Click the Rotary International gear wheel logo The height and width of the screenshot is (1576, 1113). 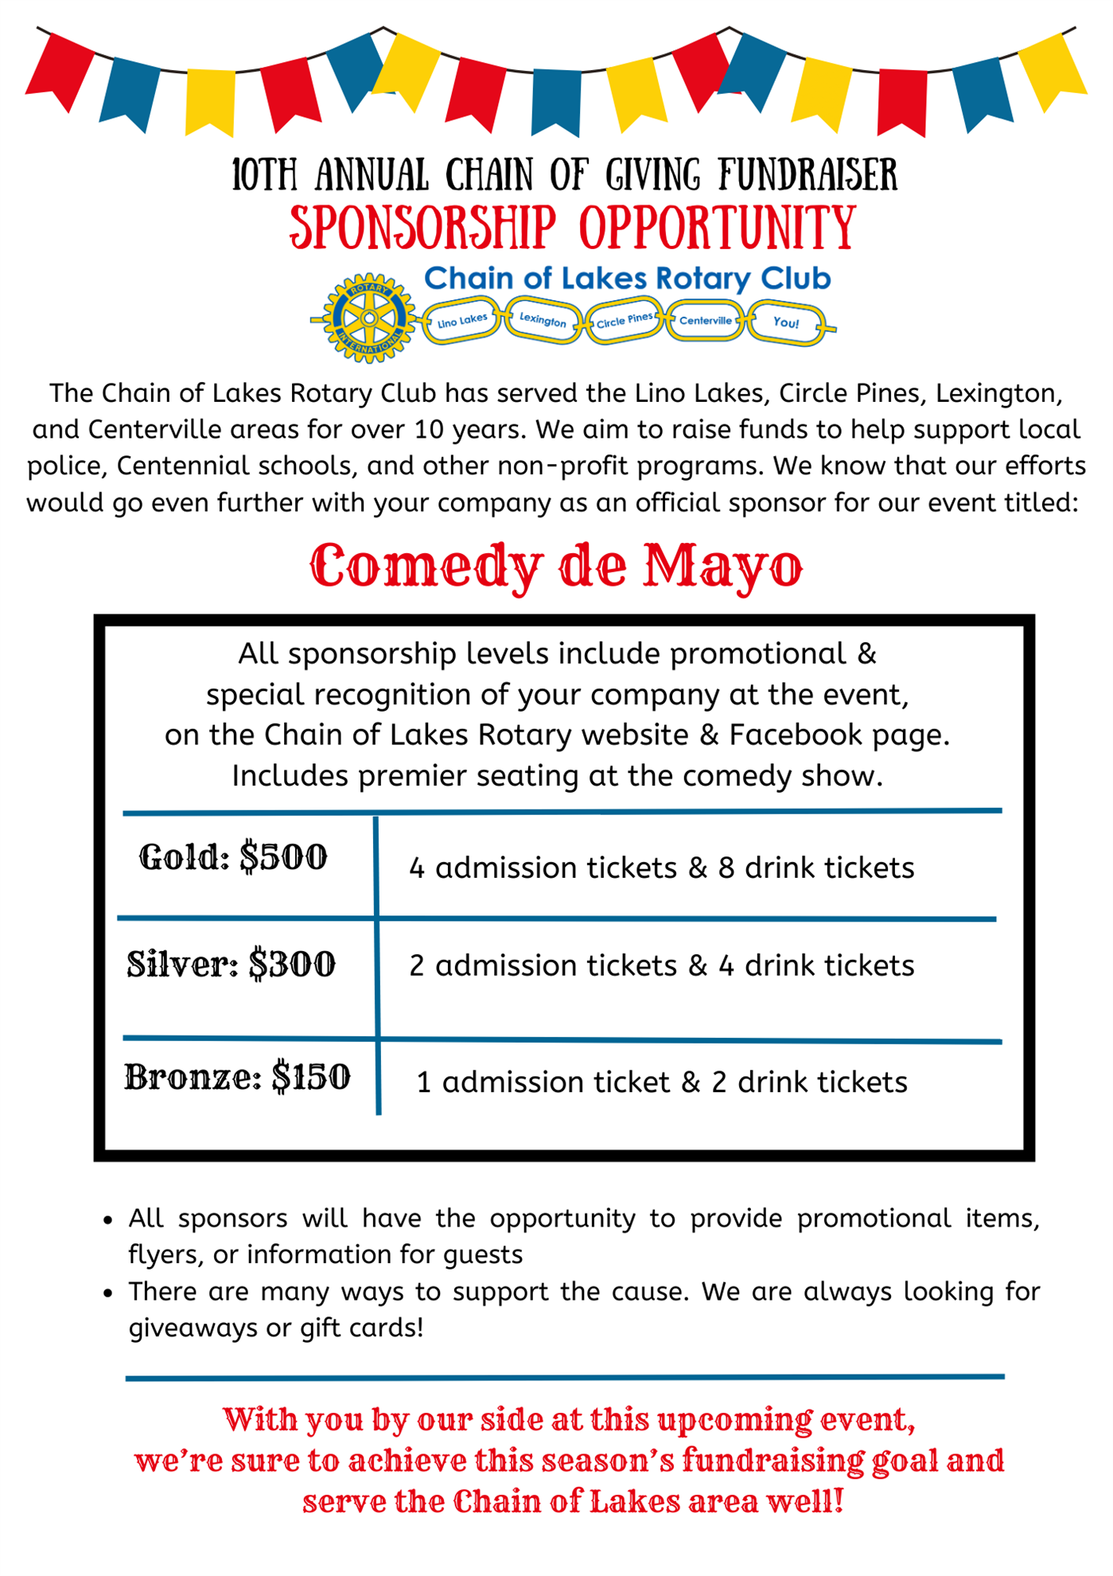pos(369,318)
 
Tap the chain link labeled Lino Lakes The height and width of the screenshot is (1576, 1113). pos(462,321)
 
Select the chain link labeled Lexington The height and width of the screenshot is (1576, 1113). pos(543,320)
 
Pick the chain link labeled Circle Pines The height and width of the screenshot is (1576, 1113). pos(625,321)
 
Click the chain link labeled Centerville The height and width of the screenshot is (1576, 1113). pos(706,320)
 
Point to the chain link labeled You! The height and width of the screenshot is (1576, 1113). pos(786,322)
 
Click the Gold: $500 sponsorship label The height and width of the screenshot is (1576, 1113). pos(233,858)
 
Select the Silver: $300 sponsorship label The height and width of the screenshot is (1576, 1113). pos(232,965)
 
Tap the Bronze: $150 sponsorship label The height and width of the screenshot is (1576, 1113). pos(237,1078)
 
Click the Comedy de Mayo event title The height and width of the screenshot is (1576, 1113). pos(556,567)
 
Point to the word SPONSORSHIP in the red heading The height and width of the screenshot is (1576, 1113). pos(422,228)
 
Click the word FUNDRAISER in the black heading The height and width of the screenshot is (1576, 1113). pos(808,175)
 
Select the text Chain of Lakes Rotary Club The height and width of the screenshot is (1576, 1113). pos(627,279)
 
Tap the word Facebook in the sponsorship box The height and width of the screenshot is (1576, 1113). pos(796,735)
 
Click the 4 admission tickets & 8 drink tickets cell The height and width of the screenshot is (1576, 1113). pos(661,868)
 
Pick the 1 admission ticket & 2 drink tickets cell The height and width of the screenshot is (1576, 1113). pos(661,1083)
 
